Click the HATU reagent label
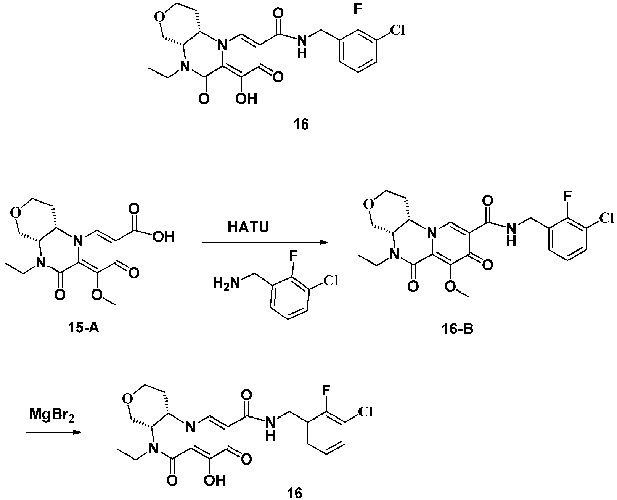(x=248, y=227)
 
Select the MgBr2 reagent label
(x=52, y=415)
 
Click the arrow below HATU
(x=265, y=243)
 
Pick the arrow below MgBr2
(x=53, y=432)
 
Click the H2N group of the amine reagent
(x=227, y=283)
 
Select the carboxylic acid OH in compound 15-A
(x=164, y=237)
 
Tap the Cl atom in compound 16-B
(x=606, y=218)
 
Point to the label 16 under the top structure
(x=301, y=125)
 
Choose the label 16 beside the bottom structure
(x=294, y=492)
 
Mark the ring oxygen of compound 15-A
(x=16, y=214)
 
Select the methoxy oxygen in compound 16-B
(x=451, y=286)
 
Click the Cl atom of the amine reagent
(x=331, y=281)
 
